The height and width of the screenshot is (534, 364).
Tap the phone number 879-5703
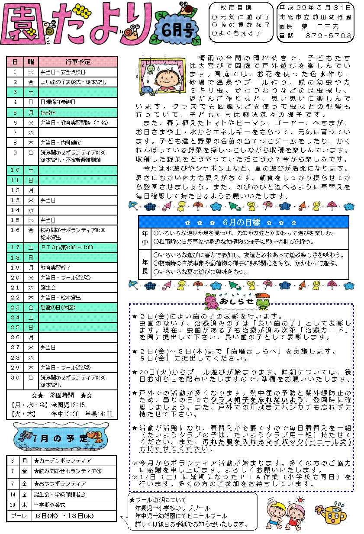329,35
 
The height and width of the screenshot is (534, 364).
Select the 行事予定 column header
78,61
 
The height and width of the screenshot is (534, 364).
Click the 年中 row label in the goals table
145,238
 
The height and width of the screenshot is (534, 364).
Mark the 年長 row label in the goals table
145,264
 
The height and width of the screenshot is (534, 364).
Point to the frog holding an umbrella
261,300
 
